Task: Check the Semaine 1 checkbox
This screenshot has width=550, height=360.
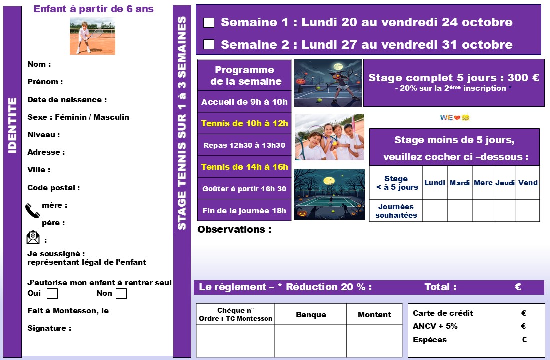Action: coord(209,23)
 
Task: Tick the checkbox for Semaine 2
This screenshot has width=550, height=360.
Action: coord(209,45)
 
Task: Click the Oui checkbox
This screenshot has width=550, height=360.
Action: coord(52,294)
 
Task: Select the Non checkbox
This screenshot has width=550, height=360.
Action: coord(121,294)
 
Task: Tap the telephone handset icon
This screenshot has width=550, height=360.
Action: coord(33,211)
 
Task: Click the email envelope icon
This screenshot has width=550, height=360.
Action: coord(33,238)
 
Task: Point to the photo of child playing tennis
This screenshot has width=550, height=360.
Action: coord(92,36)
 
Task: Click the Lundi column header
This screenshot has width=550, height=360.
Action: coord(435,183)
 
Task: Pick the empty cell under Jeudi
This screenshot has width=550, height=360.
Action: coord(505,210)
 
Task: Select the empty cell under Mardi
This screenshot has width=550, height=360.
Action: coord(460,210)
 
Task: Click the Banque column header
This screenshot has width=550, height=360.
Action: coord(311,315)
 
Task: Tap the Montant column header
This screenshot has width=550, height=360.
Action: coord(374,315)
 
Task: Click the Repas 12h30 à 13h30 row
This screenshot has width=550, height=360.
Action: coord(244,145)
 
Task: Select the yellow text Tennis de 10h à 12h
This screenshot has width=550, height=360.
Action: coord(244,123)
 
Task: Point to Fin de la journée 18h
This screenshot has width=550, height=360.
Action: coord(244,210)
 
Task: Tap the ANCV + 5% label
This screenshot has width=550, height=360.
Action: coord(435,326)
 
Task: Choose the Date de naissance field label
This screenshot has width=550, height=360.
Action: coord(67,100)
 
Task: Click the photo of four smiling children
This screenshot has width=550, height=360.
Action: coord(329,137)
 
